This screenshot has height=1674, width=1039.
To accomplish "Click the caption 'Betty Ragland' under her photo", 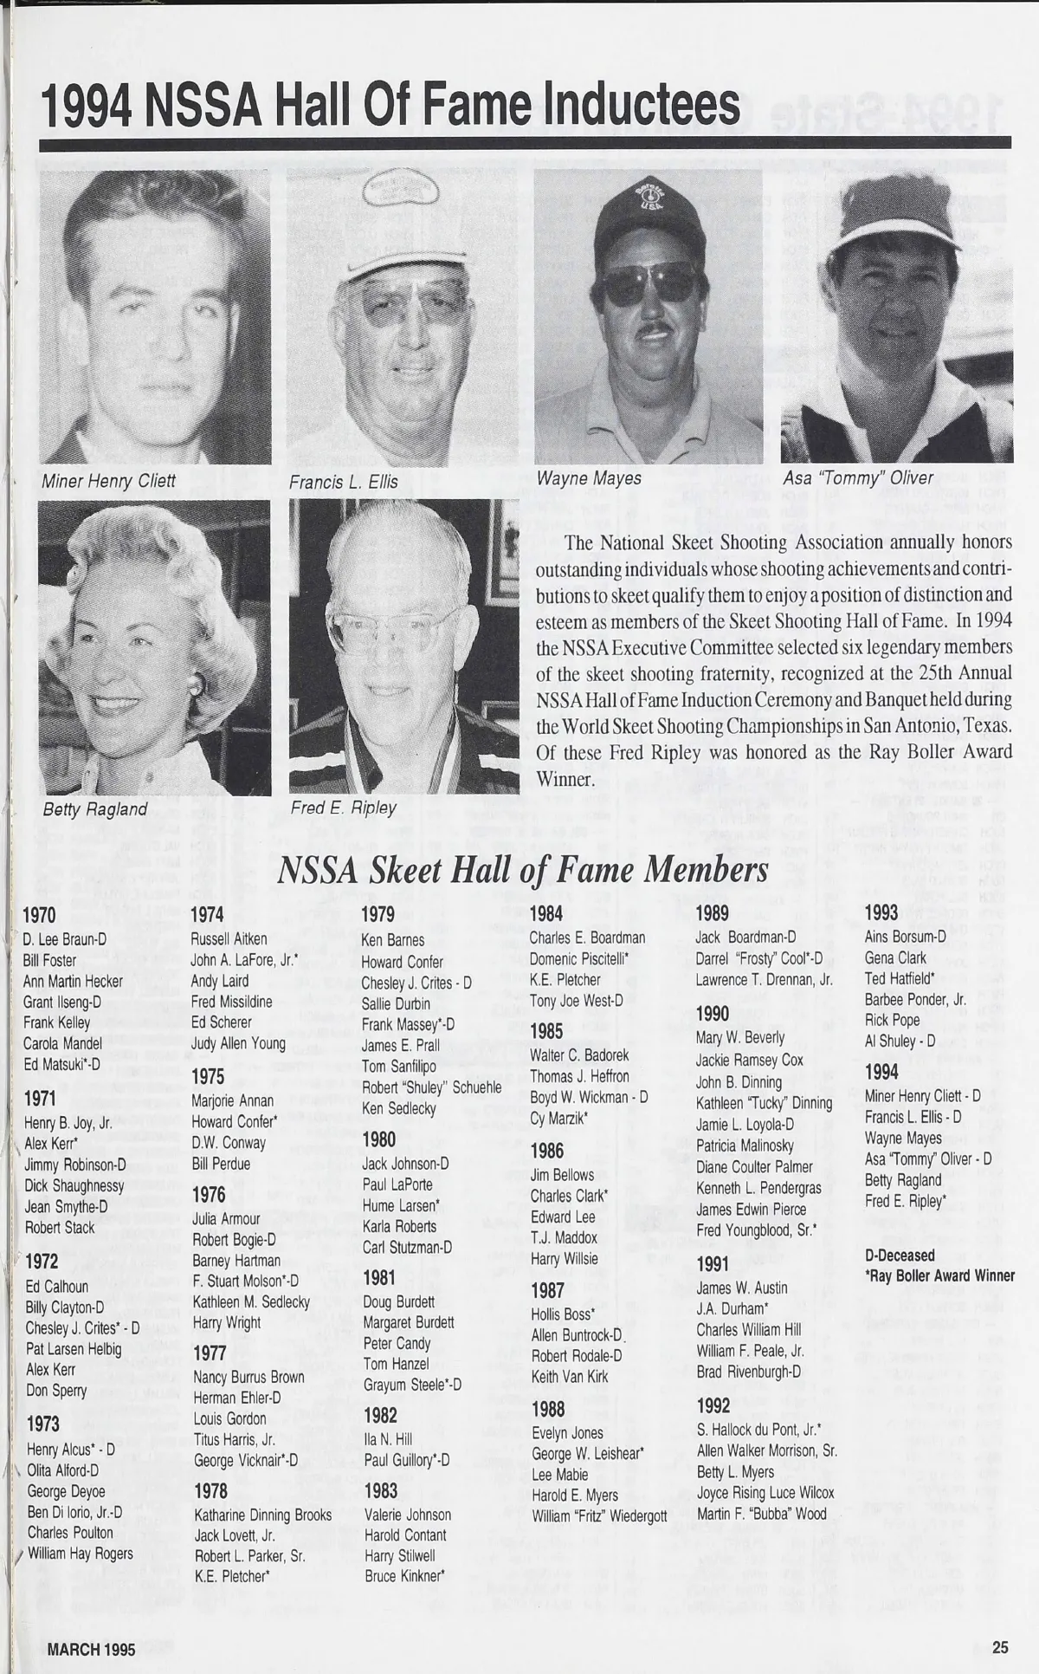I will pyautogui.click(x=95, y=809).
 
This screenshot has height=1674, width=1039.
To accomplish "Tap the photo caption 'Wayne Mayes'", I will pyautogui.click(x=589, y=478).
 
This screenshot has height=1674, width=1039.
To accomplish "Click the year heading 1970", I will pyautogui.click(x=39, y=915).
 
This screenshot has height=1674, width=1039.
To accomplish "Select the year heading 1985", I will pyautogui.click(x=546, y=1031).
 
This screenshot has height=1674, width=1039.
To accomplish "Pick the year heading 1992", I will pyautogui.click(x=713, y=1405).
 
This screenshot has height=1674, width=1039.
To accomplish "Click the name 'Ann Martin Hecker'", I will pyautogui.click(x=73, y=981).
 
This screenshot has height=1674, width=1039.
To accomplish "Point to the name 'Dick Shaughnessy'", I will pyautogui.click(x=74, y=1185).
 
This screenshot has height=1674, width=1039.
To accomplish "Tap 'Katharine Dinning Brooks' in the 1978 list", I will pyautogui.click(x=262, y=1515).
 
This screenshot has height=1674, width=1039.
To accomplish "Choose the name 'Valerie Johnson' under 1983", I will pyautogui.click(x=407, y=1515).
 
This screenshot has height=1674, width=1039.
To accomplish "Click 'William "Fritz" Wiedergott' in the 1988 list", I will pyautogui.click(x=599, y=1516).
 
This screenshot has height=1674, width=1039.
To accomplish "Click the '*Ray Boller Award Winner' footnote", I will pyautogui.click(x=939, y=1275).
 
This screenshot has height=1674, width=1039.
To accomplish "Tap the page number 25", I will pyautogui.click(x=1000, y=1648).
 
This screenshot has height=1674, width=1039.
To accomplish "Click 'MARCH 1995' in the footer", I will pyautogui.click(x=91, y=1650).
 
